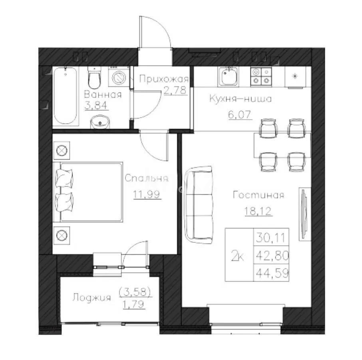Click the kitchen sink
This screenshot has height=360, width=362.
[229, 76]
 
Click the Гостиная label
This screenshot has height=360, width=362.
[258, 195]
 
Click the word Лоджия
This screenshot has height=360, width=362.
[91, 298]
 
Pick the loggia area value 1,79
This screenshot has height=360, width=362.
[134, 306]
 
